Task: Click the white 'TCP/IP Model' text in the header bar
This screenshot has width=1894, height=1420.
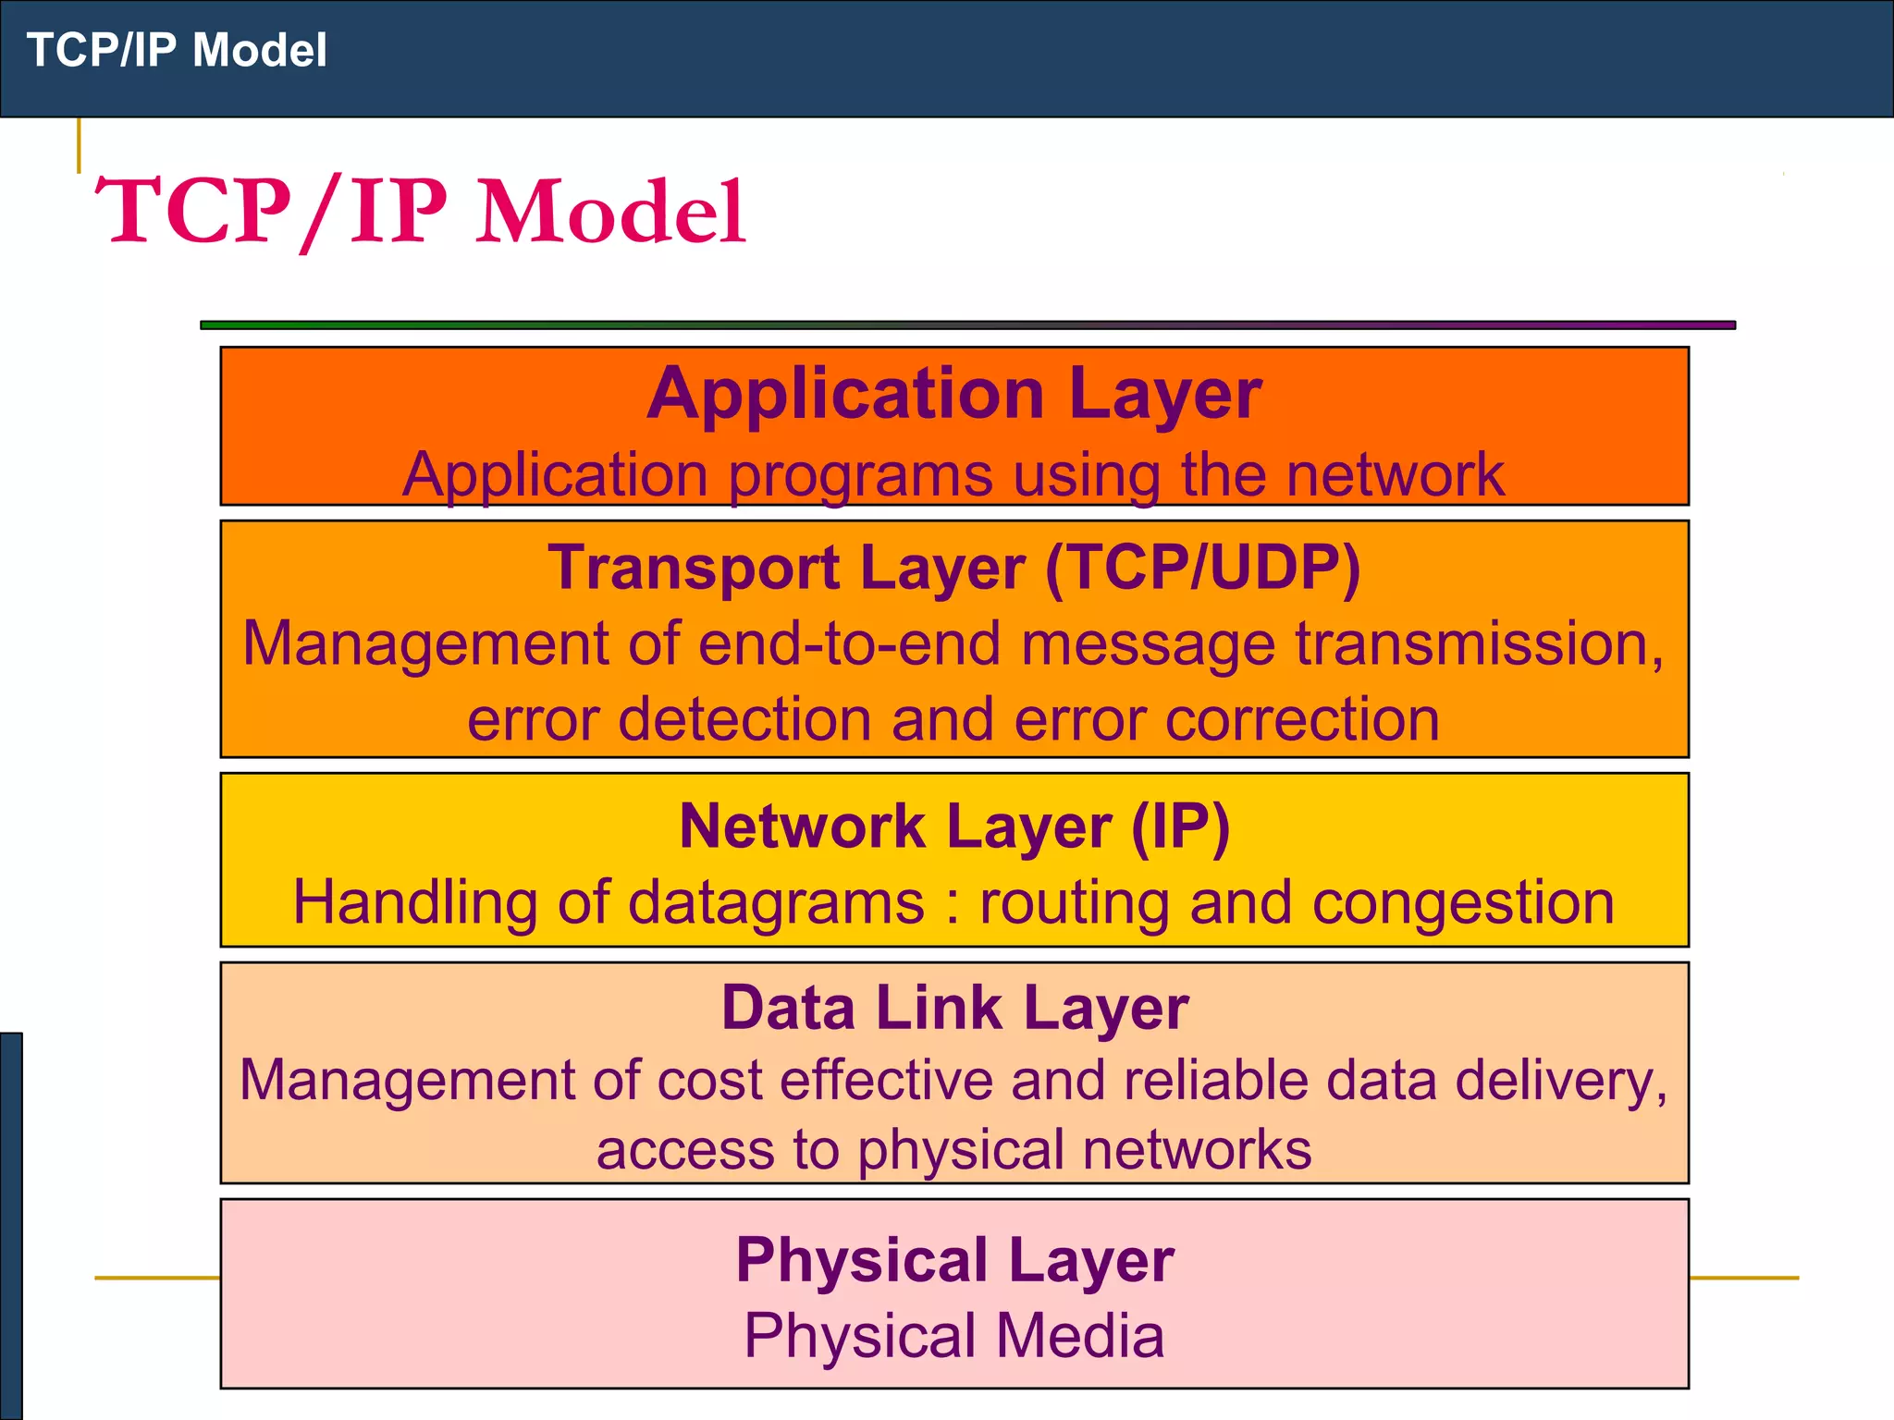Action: (177, 50)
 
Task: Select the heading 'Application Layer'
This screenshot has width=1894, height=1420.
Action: (953, 394)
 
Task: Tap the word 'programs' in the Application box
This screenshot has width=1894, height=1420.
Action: (860, 476)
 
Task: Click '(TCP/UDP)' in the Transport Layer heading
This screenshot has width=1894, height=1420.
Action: (1202, 567)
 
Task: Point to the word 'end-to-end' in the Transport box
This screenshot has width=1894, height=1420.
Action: (849, 643)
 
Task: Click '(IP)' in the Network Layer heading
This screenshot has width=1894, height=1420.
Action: (1181, 826)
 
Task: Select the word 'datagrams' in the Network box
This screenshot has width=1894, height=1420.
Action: (776, 903)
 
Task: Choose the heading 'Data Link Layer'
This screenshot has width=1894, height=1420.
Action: (954, 1008)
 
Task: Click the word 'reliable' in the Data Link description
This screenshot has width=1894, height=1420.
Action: (1215, 1080)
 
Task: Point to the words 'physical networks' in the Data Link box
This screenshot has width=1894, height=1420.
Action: (1084, 1150)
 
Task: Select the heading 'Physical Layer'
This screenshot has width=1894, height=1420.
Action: (954, 1260)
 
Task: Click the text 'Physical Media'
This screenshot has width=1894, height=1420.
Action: (954, 1336)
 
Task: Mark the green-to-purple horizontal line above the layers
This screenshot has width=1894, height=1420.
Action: (967, 325)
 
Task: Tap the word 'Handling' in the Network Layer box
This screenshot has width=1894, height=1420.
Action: (414, 903)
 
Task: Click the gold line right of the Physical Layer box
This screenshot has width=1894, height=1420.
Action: (1743, 1279)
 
